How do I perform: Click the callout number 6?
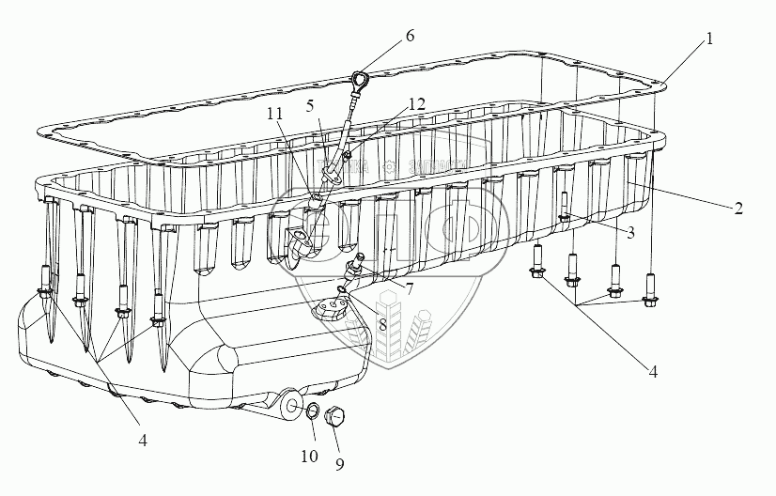point(410,37)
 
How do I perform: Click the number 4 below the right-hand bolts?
point(651,371)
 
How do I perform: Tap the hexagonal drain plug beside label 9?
point(334,414)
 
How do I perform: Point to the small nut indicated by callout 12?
point(348,154)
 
